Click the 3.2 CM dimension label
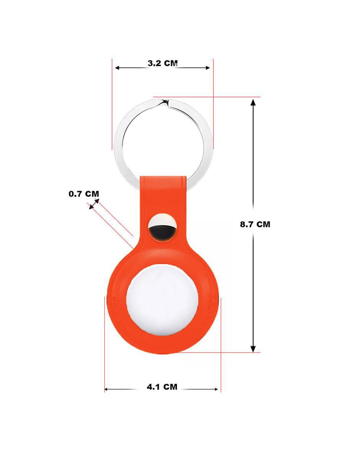(x=162, y=63)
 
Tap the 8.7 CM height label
(x=255, y=224)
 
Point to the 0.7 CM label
(x=84, y=194)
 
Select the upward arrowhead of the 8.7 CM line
(x=253, y=103)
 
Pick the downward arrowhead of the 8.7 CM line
(x=253, y=349)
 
